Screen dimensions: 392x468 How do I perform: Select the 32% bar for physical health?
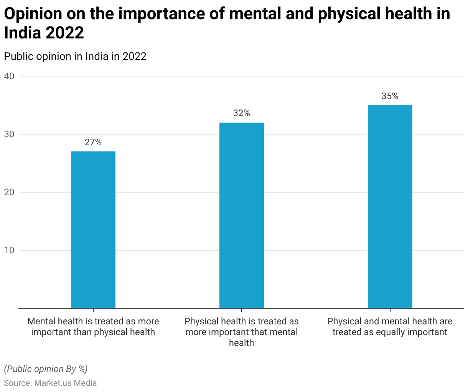point(242,215)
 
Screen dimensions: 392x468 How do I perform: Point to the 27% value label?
point(93,143)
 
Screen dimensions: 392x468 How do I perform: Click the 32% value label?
point(242,113)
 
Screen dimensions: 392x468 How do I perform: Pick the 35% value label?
point(390,96)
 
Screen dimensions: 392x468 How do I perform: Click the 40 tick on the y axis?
point(9,76)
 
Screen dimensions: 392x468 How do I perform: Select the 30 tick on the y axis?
point(9,134)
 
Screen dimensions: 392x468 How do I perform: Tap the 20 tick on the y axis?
point(9,192)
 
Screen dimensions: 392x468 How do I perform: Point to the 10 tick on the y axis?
point(9,250)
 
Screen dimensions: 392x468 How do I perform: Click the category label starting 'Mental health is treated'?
point(93,327)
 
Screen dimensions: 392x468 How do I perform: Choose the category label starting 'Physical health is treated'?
point(242,332)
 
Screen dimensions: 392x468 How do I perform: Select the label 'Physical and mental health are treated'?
point(390,327)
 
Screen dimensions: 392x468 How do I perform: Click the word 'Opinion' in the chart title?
point(33,14)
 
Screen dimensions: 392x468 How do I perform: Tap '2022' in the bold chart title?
point(64,33)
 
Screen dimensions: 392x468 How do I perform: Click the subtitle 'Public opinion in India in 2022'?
point(75,56)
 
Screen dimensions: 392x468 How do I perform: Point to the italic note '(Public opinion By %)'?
point(46,369)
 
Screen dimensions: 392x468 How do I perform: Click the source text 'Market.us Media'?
point(66,383)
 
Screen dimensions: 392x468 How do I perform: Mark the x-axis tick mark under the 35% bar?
point(390,310)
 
